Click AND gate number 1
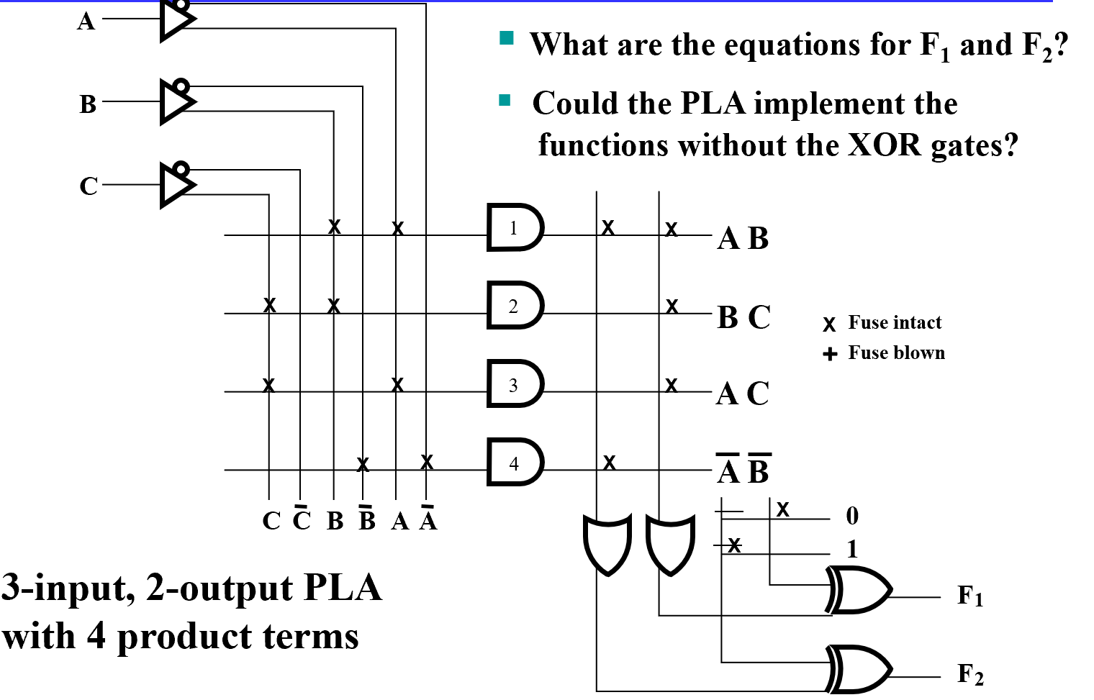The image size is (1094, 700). tap(515, 228)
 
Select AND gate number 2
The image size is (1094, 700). tap(515, 306)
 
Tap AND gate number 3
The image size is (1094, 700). tap(515, 384)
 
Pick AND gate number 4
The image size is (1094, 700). tap(515, 463)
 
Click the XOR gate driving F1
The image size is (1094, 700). tap(859, 590)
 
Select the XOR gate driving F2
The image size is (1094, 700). tap(859, 668)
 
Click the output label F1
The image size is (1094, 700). tap(969, 596)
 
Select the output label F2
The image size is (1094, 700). tap(969, 675)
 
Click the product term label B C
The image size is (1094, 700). tap(743, 317)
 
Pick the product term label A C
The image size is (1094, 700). tap(743, 394)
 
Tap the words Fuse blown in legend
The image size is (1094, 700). tap(896, 353)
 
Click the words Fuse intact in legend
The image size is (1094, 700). tap(895, 322)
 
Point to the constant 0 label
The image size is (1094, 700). tap(852, 516)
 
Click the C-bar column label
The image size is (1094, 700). tap(302, 518)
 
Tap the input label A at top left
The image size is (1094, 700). tap(86, 22)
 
